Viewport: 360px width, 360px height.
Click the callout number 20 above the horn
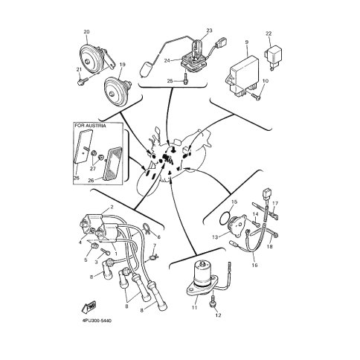(x=86, y=32)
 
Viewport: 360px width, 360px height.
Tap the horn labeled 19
(x=116, y=91)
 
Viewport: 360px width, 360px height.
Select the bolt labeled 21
(x=83, y=81)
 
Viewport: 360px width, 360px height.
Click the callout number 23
(x=210, y=30)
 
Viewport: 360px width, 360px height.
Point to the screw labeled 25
(x=185, y=81)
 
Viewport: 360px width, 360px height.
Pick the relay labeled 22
(x=273, y=56)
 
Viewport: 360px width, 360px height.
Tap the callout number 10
(x=265, y=81)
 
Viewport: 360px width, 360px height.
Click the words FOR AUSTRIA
(x=90, y=126)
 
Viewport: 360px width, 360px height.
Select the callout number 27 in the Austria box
(x=93, y=169)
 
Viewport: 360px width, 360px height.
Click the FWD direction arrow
(x=89, y=307)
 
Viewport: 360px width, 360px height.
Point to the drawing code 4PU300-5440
(x=97, y=321)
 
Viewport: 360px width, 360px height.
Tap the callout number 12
(x=219, y=315)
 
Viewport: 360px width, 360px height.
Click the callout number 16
(x=254, y=265)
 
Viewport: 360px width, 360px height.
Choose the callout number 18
(x=270, y=247)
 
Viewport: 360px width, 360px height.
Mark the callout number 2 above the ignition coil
(x=112, y=207)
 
